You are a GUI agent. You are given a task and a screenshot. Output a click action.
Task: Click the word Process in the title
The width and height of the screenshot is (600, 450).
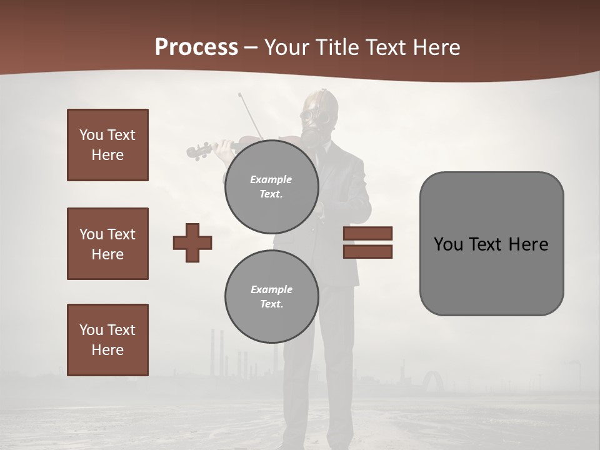click(196, 47)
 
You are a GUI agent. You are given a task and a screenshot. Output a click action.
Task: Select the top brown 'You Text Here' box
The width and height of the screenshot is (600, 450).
click(107, 145)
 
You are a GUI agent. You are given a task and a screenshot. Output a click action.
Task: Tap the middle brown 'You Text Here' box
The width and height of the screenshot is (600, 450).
click(107, 244)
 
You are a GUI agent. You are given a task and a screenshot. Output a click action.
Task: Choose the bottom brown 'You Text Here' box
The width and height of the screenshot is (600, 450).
click(107, 340)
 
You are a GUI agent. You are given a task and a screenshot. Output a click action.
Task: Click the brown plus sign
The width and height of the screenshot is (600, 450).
click(192, 242)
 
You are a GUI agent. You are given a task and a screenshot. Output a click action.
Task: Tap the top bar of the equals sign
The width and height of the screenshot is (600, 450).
click(367, 233)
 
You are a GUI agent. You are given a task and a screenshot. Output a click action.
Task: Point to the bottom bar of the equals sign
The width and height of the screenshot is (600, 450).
click(367, 252)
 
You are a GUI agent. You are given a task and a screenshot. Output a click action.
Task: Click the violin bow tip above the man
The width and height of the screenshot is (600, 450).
click(240, 96)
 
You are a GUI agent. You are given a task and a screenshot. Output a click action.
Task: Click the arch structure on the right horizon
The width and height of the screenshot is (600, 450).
click(432, 381)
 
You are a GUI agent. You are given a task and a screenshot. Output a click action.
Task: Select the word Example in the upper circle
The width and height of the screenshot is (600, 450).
click(271, 179)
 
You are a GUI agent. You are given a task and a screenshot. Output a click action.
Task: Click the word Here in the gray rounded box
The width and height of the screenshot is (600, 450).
click(528, 244)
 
